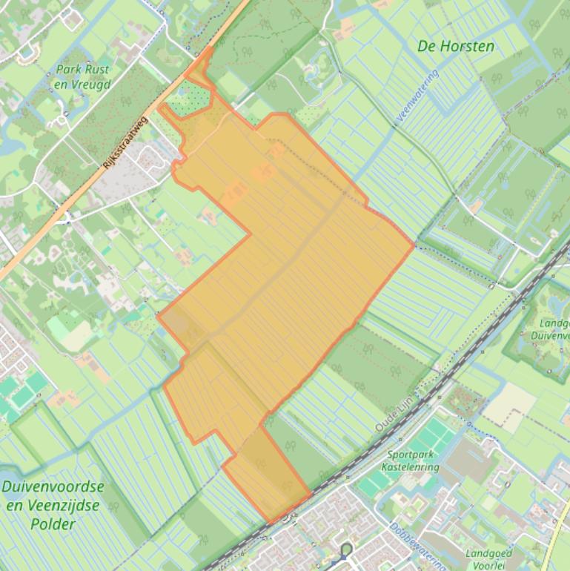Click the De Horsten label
(x=456, y=46)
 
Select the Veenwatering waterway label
(x=420, y=96)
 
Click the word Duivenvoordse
(x=53, y=488)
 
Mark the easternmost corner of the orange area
(x=414, y=245)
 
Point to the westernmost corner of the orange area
(x=158, y=315)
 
